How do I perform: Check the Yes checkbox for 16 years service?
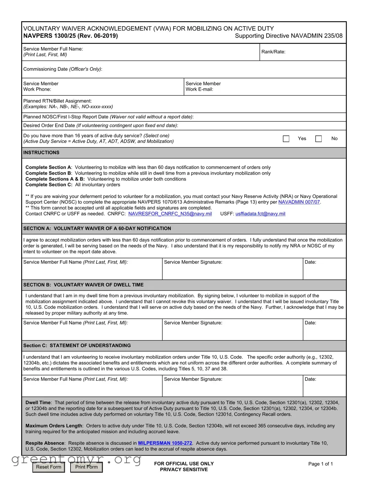(286, 138)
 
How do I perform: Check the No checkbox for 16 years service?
(318, 138)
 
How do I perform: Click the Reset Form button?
(49, 467)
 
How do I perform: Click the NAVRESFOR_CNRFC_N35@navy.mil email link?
(170, 214)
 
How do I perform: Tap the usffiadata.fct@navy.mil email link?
(260, 214)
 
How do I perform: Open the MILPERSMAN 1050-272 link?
(165, 443)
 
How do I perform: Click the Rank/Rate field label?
(273, 52)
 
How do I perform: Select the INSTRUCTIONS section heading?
(41, 153)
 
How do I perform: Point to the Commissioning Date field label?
(62, 69)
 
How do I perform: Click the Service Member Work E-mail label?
(203, 86)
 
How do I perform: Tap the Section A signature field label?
(193, 262)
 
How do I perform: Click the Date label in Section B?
(310, 323)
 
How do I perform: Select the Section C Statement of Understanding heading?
(77, 345)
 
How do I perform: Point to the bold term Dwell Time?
(38, 402)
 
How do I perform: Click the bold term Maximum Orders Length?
(54, 425)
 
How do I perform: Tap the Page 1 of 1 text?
(320, 464)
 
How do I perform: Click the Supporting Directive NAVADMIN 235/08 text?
(288, 36)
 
